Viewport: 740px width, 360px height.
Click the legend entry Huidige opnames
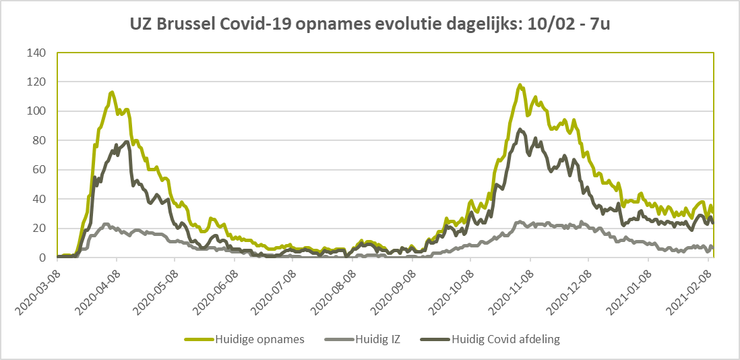243,339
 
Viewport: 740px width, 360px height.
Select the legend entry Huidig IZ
363,339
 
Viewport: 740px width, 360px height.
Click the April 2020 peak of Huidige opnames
112,92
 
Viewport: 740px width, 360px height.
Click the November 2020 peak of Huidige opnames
520,85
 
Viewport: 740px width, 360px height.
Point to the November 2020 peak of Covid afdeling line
520,129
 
